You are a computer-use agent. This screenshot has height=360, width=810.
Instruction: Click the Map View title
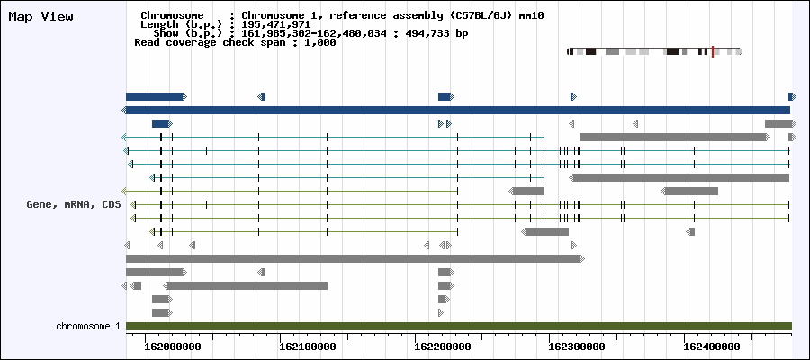[x=40, y=16]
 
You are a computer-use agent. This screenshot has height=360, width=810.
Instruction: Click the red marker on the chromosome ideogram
[x=713, y=51]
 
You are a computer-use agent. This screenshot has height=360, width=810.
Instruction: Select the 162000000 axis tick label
[x=174, y=347]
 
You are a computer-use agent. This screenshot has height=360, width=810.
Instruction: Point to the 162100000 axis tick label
[x=308, y=347]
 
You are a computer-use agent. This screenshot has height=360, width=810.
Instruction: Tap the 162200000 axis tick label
[x=443, y=347]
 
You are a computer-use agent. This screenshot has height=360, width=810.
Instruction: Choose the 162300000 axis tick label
[x=578, y=347]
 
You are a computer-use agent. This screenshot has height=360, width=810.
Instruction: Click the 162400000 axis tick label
[x=712, y=347]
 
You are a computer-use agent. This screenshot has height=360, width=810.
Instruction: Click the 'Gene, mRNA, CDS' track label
[x=74, y=204]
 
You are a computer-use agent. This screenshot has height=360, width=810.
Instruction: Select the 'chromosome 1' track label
[x=88, y=327]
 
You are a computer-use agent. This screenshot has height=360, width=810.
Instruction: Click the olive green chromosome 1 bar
[x=459, y=326]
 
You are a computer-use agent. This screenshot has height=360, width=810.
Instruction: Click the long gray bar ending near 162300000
[x=355, y=259]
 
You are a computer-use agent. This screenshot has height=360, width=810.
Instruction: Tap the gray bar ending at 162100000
[x=246, y=285]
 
